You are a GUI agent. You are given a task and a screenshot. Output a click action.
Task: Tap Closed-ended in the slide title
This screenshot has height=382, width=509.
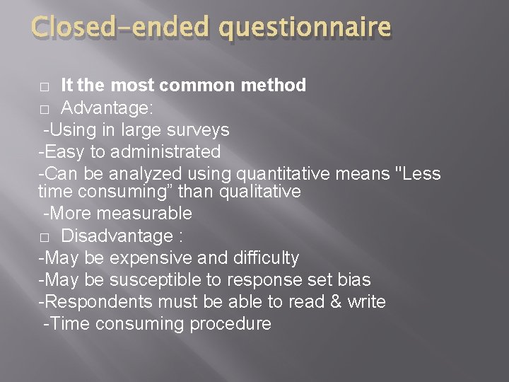120,28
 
